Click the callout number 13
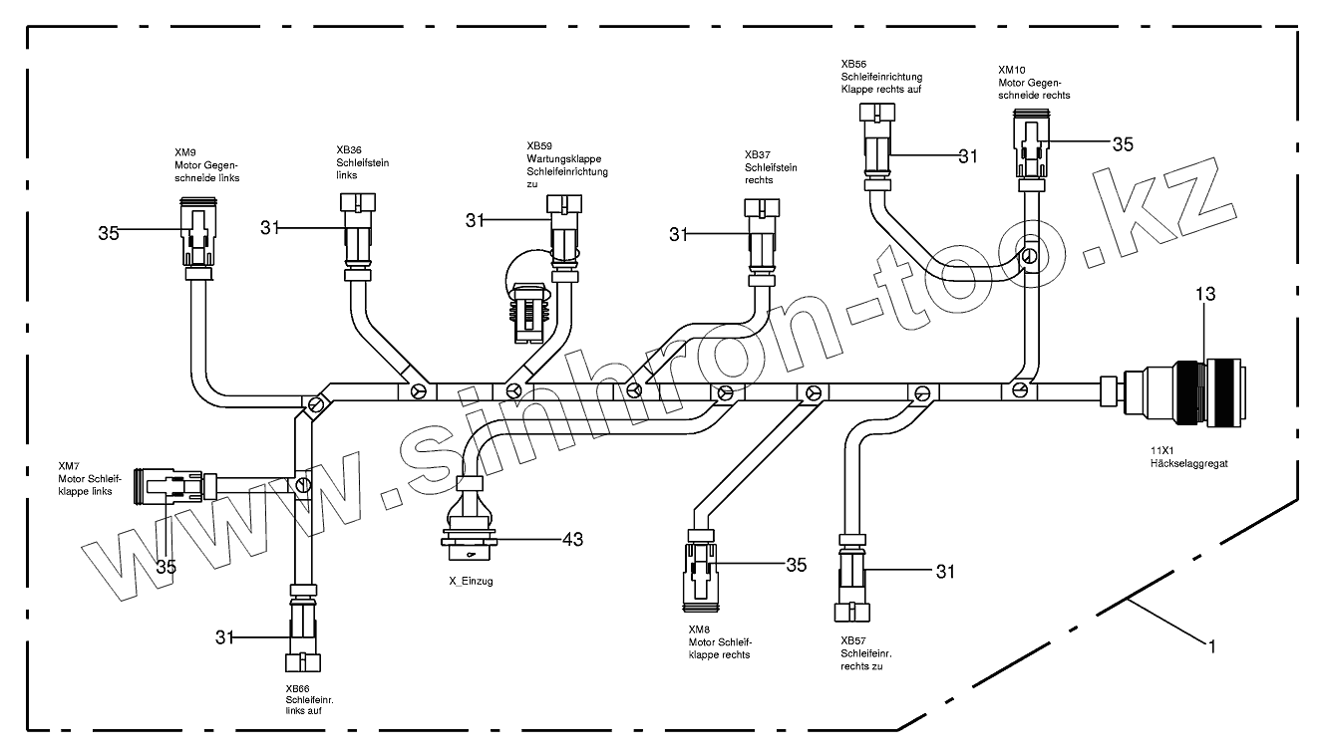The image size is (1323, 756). (x=1205, y=293)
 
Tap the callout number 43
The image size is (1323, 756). (x=572, y=539)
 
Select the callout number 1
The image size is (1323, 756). (x=1212, y=646)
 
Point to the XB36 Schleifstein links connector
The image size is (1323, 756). (x=357, y=237)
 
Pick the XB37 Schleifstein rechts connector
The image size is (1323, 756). (x=762, y=242)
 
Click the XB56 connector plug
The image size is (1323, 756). (x=877, y=146)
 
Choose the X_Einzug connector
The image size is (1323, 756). (x=470, y=519)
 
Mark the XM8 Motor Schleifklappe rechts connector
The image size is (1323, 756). (x=701, y=570)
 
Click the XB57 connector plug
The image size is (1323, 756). (x=852, y=578)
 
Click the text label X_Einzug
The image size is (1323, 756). (x=471, y=581)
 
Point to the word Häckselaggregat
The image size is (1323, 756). (x=1189, y=464)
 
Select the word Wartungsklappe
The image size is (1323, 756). (x=564, y=158)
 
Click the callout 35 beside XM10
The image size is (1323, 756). (x=1123, y=144)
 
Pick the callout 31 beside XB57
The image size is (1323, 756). (x=945, y=571)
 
